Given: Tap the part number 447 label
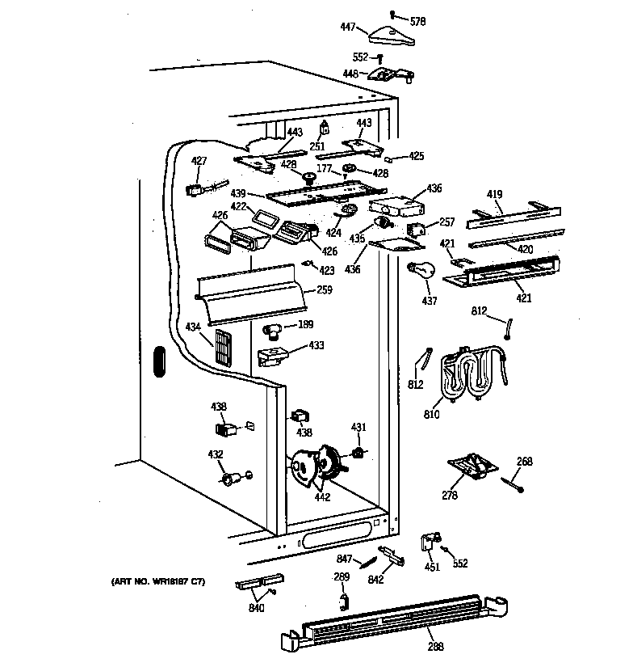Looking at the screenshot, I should (348, 27).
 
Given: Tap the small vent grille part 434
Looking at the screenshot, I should (224, 345).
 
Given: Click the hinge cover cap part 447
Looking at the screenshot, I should (385, 35).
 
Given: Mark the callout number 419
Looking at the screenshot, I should (494, 195).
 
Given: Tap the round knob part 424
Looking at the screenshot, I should (348, 211).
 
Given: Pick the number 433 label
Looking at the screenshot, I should (316, 346).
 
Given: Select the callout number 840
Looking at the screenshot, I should (257, 609).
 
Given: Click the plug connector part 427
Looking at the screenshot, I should (195, 191).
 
